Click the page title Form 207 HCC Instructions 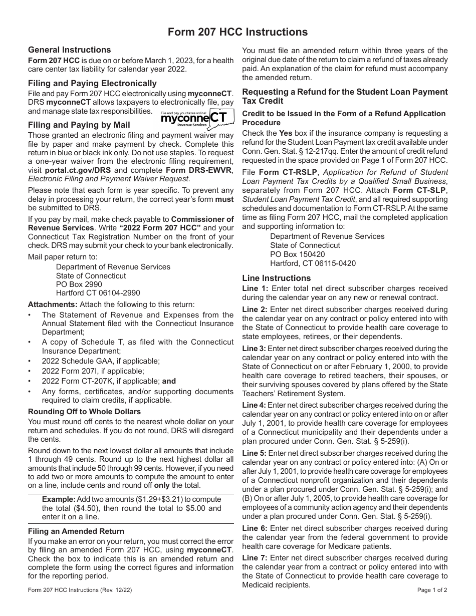(x=237, y=32)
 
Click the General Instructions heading (x=69, y=50)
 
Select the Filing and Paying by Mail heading (x=79, y=125)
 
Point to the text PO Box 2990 (x=79, y=284)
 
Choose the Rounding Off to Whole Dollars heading (x=84, y=412)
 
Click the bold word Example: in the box (x=58, y=499)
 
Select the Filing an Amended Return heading (x=76, y=531)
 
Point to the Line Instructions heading (x=276, y=278)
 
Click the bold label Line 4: (x=254, y=405)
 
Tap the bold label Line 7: (x=255, y=558)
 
